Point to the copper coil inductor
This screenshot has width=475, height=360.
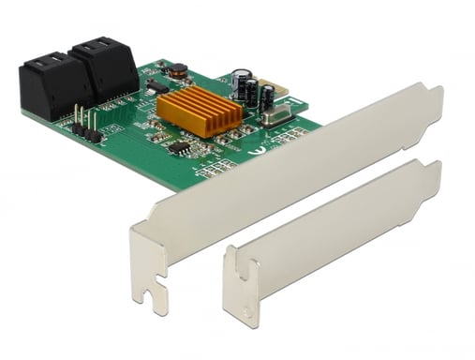click(x=177, y=69)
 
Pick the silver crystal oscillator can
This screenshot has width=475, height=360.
click(x=277, y=117)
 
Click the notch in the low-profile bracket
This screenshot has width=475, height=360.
click(x=246, y=276)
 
